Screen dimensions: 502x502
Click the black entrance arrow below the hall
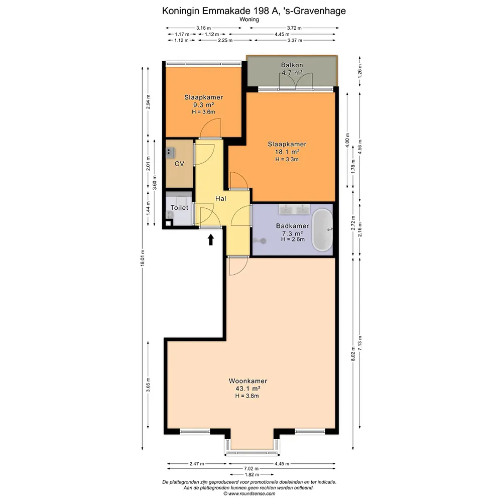coord(211,239)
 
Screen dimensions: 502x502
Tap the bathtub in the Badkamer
coord(322,229)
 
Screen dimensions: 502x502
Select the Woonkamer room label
coord(248,381)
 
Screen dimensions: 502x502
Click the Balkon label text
coord(292,65)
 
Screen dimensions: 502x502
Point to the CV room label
coord(179,164)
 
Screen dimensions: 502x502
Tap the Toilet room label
coord(179,208)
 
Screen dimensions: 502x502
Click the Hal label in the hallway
coord(220,198)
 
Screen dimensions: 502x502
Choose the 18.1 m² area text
coord(287,152)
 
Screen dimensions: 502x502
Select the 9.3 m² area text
coord(203,105)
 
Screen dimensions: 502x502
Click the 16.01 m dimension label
coord(143,258)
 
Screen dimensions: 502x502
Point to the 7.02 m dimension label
coord(252,469)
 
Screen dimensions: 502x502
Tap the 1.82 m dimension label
coord(252,474)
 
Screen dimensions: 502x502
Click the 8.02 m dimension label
coord(353,354)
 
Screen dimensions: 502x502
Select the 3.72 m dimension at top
coord(294,28)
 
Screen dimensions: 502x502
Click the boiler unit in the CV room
coord(170,153)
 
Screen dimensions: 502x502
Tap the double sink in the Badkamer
coord(294,209)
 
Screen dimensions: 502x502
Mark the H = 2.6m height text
coord(293,239)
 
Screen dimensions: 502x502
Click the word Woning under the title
coord(249,19)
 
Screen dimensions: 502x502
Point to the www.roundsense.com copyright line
coord(249,493)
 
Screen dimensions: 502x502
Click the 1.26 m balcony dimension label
coord(360,71)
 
